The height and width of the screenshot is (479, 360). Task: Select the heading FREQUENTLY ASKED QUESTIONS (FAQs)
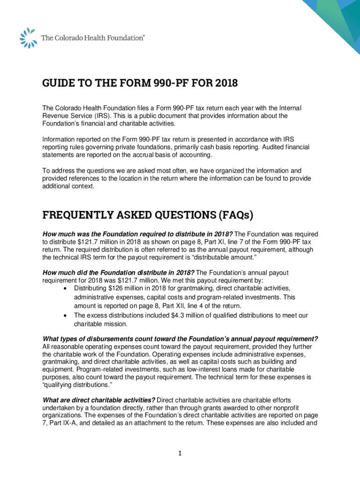point(148,215)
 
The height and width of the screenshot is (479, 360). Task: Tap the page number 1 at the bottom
point(180,453)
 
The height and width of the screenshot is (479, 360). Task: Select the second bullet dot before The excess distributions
point(65,316)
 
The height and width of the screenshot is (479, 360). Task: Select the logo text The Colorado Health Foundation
point(94,38)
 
